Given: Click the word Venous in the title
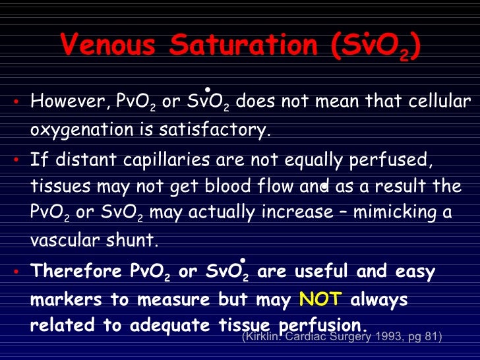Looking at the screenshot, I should (108, 45).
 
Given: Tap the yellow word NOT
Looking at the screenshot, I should (320, 299).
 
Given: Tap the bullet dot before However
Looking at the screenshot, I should (18, 103).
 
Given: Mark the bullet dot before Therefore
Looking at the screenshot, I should (18, 272).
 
